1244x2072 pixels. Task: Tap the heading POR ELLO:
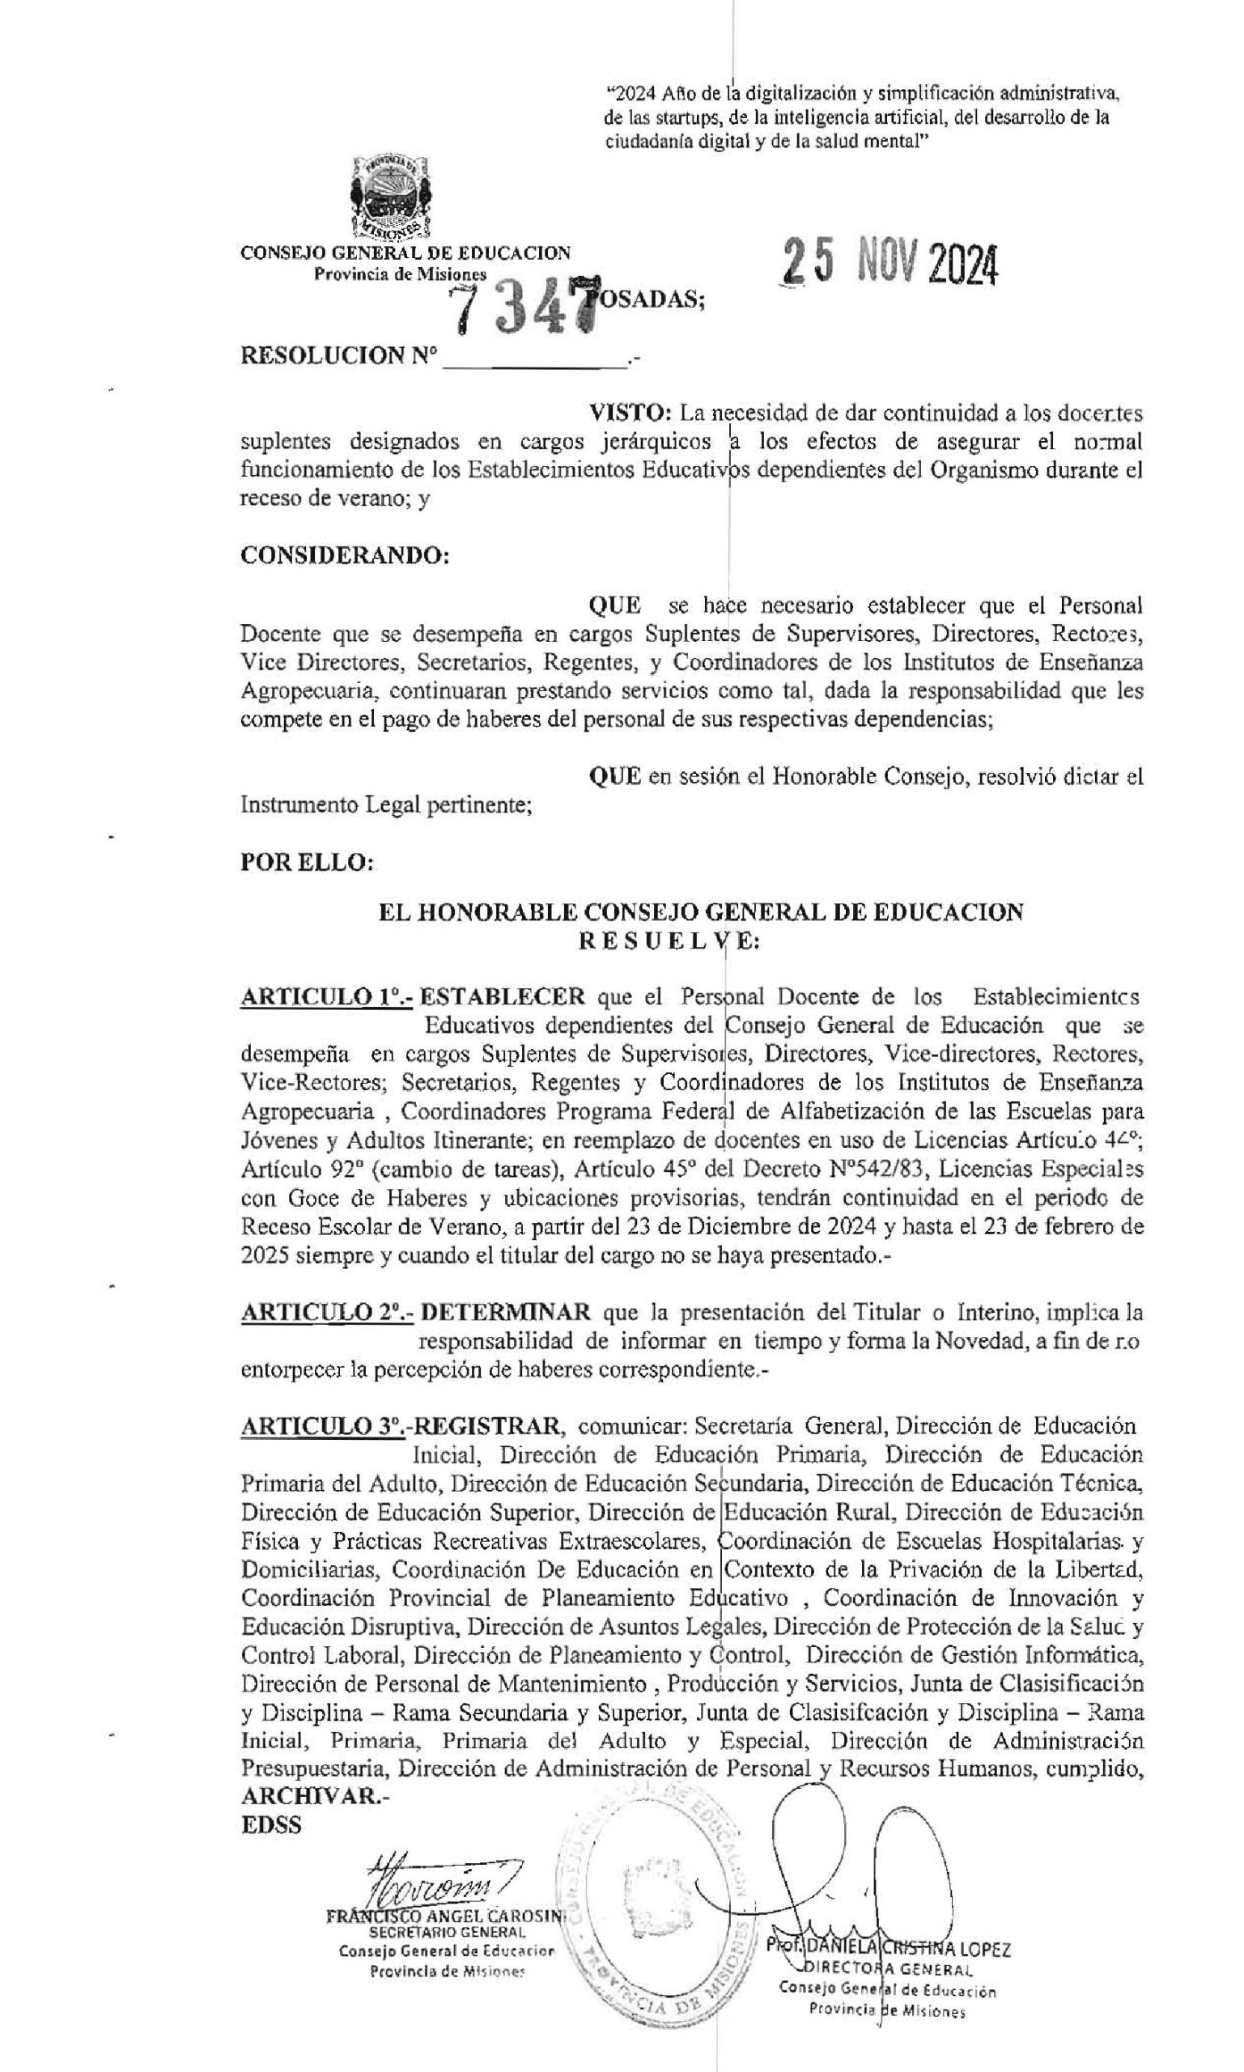[x=307, y=863]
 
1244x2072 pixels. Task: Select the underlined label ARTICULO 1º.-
[x=326, y=996]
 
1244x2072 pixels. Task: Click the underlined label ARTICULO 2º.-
[x=327, y=1312]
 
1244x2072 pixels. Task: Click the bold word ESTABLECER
[x=502, y=996]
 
